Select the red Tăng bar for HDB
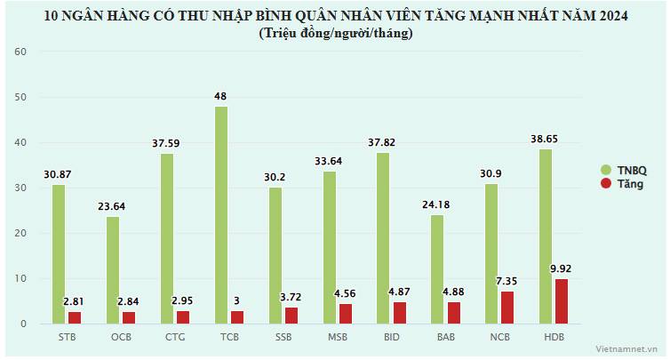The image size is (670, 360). click(561, 301)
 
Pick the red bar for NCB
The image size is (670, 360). click(506, 307)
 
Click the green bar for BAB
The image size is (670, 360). click(438, 269)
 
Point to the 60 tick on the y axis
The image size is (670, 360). click(23, 52)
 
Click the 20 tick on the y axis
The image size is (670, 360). click(23, 234)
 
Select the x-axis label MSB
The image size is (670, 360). click(337, 338)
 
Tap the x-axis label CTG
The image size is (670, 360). click(174, 338)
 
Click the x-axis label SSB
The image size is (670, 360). click(283, 338)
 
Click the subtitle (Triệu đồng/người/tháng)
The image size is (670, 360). click(335, 34)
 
